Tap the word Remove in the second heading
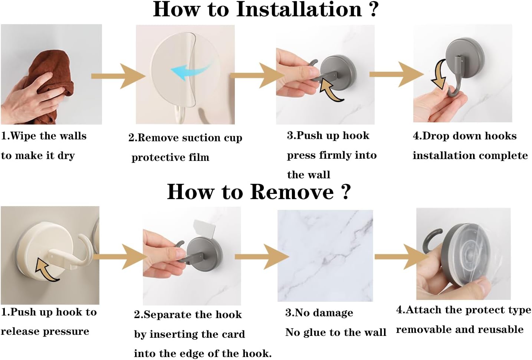point(292,192)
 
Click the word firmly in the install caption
point(335,155)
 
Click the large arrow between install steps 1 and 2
point(118,76)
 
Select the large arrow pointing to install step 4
point(397,74)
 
